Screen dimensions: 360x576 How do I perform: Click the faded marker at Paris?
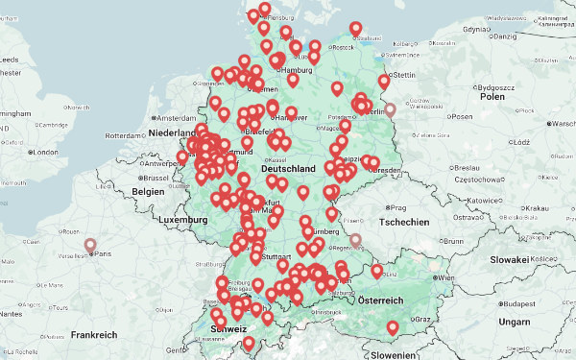[91, 247]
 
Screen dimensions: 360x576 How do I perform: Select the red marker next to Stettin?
[384, 83]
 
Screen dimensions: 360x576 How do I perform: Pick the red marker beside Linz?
[376, 273]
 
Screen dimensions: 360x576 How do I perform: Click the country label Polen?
[492, 97]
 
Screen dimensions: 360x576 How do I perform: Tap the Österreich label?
[379, 300]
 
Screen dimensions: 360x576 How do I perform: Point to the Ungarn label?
[514, 321]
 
